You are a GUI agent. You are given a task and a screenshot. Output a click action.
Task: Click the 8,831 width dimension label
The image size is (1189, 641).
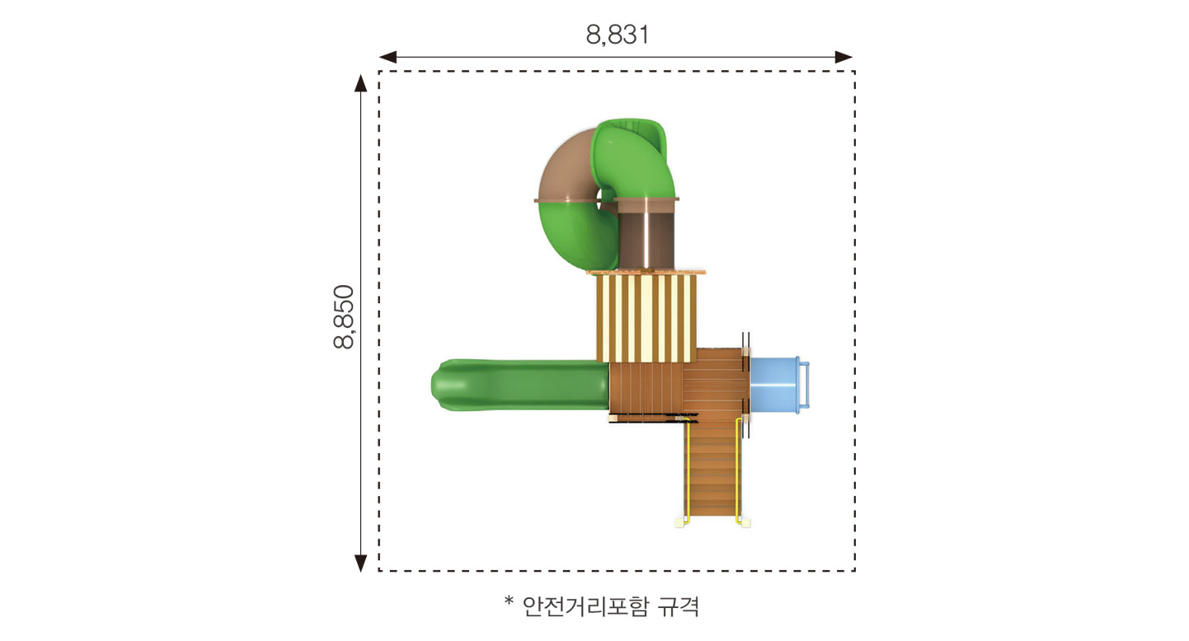pyautogui.click(x=618, y=35)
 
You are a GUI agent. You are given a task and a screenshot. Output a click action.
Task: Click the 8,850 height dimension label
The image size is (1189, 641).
pyautogui.click(x=344, y=316)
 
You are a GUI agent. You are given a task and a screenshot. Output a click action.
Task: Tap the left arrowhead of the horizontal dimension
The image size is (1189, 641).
pyautogui.click(x=388, y=57)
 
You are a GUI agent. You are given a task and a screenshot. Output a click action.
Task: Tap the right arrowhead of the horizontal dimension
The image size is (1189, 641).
pyautogui.click(x=844, y=57)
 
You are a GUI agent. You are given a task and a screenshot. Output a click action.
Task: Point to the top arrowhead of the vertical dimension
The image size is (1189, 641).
pyautogui.click(x=361, y=83)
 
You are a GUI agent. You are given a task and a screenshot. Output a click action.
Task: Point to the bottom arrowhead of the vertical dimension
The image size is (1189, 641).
pyautogui.click(x=361, y=563)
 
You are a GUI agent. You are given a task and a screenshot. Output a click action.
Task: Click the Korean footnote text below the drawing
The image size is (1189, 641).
pyautogui.click(x=611, y=606)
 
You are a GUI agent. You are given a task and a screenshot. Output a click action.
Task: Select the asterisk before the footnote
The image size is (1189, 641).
pyautogui.click(x=509, y=601)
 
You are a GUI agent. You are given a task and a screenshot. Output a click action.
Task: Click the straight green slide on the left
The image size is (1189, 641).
pyautogui.click(x=520, y=385)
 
